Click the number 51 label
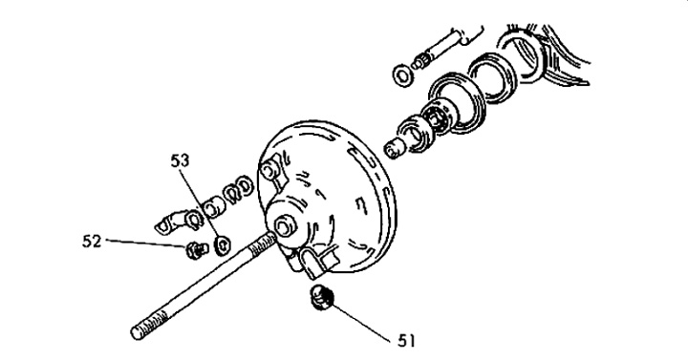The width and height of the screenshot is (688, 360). (406, 341)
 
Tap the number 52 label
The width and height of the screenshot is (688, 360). (92, 242)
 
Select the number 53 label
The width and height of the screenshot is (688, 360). (180, 161)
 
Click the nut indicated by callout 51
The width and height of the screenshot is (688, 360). (322, 297)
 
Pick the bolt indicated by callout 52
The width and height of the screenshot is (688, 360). (196, 250)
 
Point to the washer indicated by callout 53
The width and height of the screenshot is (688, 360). (223, 245)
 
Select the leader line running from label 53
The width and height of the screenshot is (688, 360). (201, 205)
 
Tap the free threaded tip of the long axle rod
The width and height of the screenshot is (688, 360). (140, 328)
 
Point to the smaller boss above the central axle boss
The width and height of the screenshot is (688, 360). (269, 169)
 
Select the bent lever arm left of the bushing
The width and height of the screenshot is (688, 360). (174, 222)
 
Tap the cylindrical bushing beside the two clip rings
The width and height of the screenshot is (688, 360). (215, 205)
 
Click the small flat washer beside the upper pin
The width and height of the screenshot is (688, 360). (403, 75)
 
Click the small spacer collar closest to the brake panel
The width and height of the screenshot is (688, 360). (395, 149)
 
